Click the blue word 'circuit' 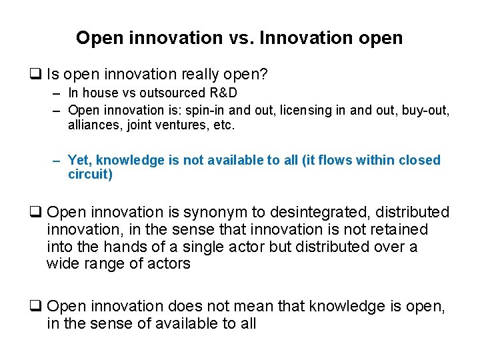[88, 175]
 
